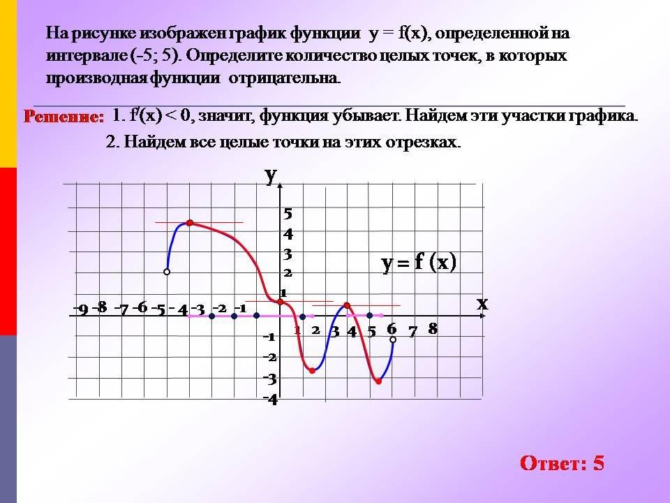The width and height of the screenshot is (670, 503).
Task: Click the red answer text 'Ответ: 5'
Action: pyautogui.click(x=562, y=462)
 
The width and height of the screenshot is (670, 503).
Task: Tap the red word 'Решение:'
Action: pyautogui.click(x=64, y=117)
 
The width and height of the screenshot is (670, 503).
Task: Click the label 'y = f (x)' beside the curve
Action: pyautogui.click(x=419, y=262)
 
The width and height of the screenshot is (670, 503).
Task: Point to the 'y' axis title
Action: pyautogui.click(x=271, y=175)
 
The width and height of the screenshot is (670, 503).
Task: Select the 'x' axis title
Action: pyautogui.click(x=482, y=303)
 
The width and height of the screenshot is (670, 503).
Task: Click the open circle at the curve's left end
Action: pyautogui.click(x=167, y=272)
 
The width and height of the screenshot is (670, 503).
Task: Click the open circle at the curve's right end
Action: pyautogui.click(x=393, y=340)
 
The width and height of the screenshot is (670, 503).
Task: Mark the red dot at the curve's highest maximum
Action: pyautogui.click(x=190, y=223)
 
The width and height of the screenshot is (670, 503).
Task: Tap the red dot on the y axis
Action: pyautogui.click(x=281, y=302)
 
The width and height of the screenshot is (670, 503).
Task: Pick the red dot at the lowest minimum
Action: pyautogui.click(x=378, y=381)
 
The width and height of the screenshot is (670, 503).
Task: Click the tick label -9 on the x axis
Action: pyautogui.click(x=81, y=309)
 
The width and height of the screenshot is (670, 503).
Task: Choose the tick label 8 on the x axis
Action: pyautogui.click(x=433, y=328)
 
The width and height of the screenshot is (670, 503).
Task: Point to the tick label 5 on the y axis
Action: pyautogui.click(x=288, y=214)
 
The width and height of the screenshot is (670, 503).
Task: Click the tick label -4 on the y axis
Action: pyautogui.click(x=271, y=400)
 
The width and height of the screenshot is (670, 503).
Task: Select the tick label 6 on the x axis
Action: pyautogui.click(x=392, y=328)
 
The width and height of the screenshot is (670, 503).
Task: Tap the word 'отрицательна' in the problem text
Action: pyautogui.click(x=285, y=78)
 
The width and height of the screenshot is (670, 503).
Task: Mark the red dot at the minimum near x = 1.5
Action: pyautogui.click(x=313, y=370)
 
